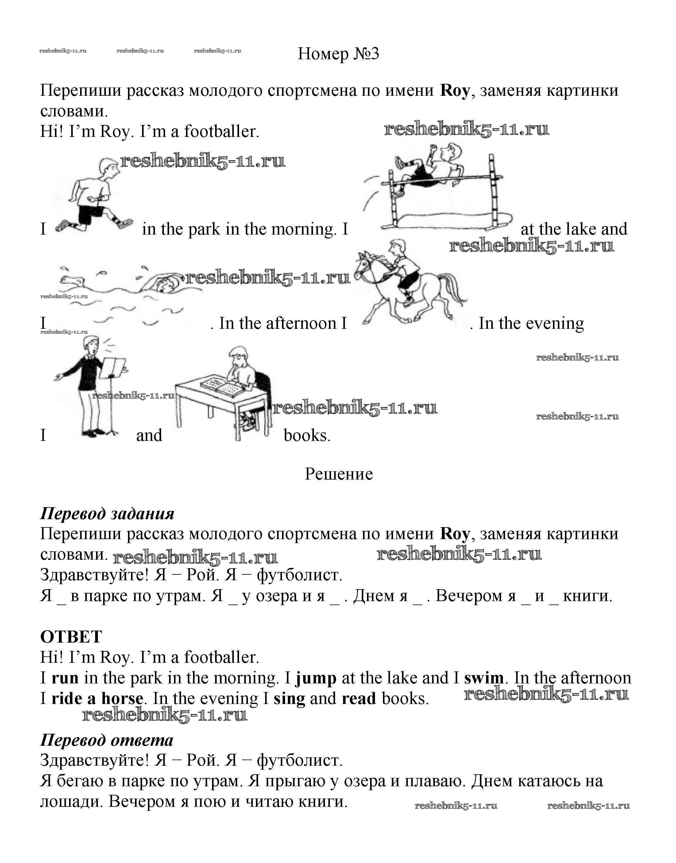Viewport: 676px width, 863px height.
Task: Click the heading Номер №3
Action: (x=338, y=53)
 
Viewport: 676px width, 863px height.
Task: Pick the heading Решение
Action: (x=338, y=474)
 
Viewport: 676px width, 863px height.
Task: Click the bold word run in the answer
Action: (x=65, y=678)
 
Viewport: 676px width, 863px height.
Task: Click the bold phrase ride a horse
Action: (x=97, y=699)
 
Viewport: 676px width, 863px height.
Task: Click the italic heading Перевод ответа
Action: (x=107, y=740)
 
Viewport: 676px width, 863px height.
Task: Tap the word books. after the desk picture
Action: (x=307, y=435)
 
